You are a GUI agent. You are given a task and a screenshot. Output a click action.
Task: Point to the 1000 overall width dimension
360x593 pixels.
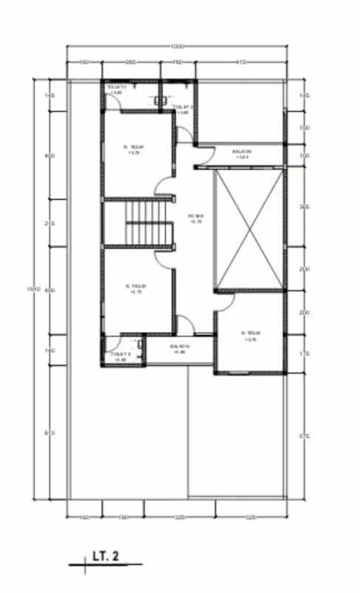coord(176,46)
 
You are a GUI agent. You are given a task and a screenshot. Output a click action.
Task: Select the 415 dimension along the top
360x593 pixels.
coord(240,62)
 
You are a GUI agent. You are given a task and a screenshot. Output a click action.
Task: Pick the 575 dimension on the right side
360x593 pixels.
coord(304,437)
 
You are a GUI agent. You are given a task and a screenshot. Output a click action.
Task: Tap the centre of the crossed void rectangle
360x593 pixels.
coord(247,228)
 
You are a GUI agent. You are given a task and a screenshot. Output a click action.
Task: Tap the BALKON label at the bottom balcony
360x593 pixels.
coord(179,348)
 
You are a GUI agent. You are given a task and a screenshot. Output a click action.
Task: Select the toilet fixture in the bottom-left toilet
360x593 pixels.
coord(139,344)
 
